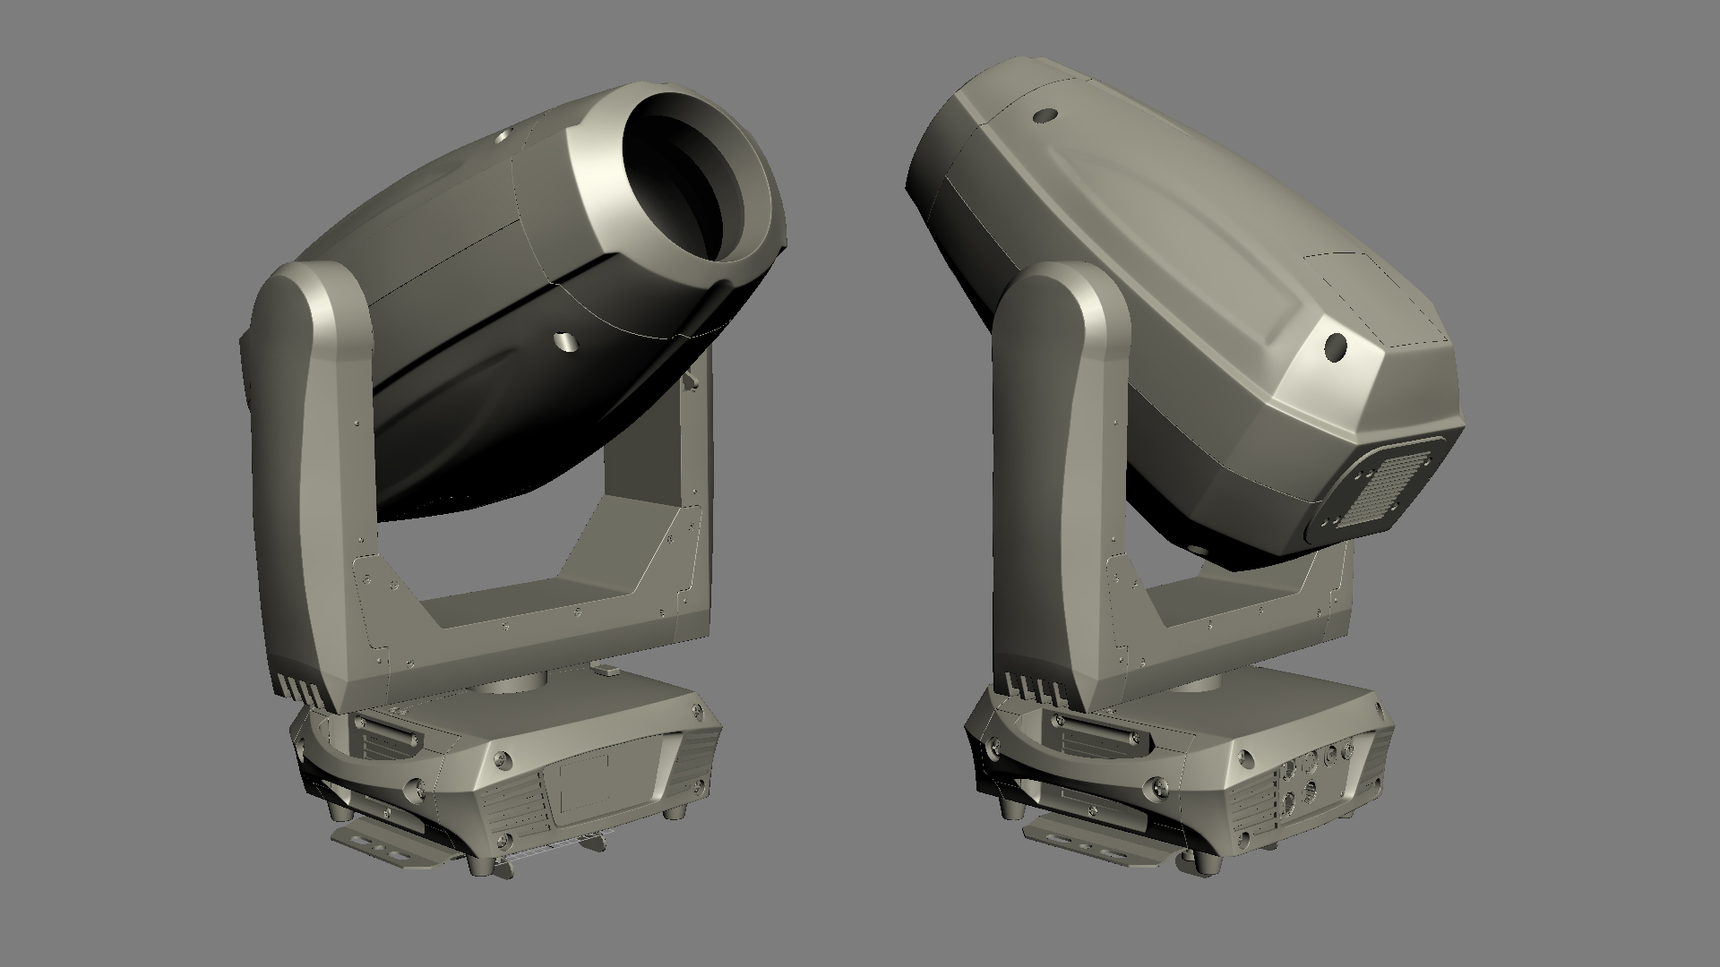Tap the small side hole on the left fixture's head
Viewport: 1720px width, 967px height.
tap(564, 339)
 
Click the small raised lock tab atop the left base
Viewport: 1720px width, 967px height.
tap(606, 667)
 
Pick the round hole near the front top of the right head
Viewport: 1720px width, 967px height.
tap(1044, 116)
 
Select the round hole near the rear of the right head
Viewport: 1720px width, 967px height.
tap(1337, 346)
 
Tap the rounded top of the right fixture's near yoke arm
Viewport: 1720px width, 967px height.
tap(1057, 287)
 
